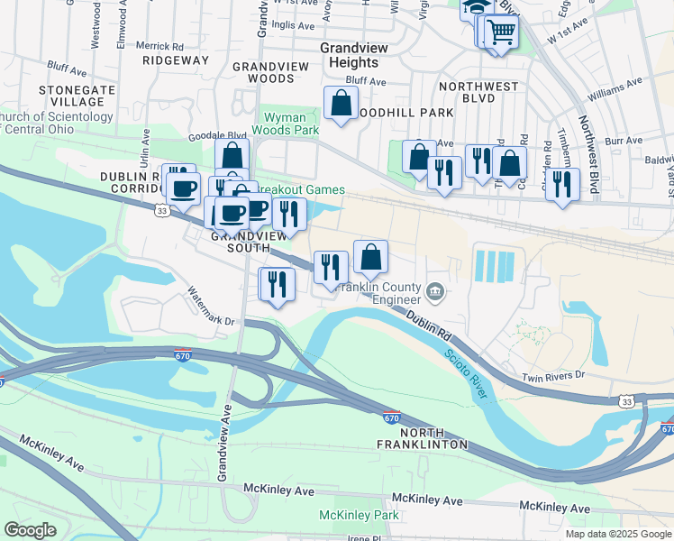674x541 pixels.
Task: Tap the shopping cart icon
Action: click(x=501, y=32)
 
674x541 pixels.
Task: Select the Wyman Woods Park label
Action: click(x=291, y=124)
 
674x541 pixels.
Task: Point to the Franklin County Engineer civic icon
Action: click(x=435, y=290)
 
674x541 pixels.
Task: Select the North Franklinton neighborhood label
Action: click(x=424, y=438)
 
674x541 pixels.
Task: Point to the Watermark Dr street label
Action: click(x=210, y=307)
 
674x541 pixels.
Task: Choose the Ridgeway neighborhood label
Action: click(x=175, y=60)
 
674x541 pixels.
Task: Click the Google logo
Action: click(x=30, y=530)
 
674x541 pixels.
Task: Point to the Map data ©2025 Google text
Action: click(x=618, y=534)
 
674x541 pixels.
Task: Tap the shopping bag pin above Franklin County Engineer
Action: click(x=370, y=257)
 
